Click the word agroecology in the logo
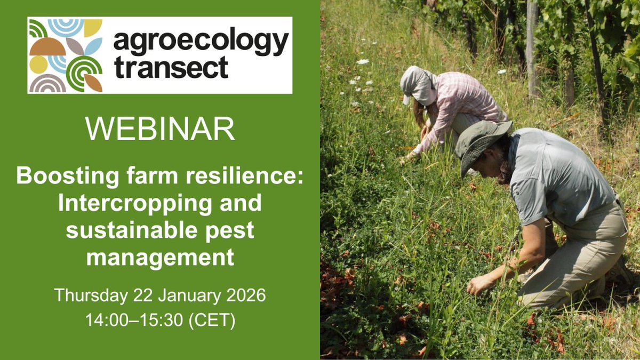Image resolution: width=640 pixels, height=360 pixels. tap(201, 44)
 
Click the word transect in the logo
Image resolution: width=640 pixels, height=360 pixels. tap(171, 68)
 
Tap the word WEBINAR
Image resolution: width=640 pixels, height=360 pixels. tap(160, 130)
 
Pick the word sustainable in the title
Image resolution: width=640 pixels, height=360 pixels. tap(127, 230)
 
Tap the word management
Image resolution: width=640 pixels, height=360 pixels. tap(160, 258)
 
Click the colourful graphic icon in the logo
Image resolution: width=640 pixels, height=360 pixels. tap(66, 55)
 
